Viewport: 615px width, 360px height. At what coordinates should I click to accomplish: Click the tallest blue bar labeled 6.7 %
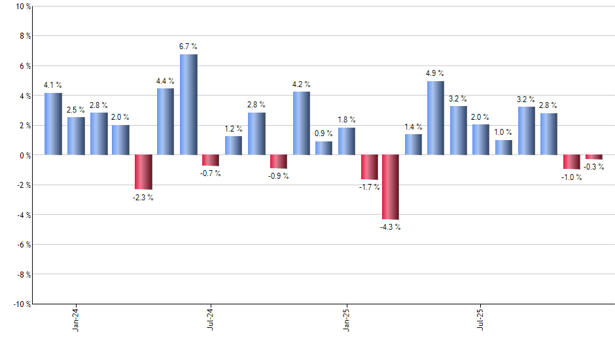pos(188,105)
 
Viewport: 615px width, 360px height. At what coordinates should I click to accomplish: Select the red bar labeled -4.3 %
pos(391,187)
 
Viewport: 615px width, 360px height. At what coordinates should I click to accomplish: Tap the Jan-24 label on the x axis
pos(76,319)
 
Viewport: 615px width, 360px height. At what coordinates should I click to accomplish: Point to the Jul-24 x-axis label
pos(211,319)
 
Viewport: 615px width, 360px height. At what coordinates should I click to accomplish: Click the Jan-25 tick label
pos(346,319)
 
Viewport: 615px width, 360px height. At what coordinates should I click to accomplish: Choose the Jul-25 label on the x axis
pos(481,319)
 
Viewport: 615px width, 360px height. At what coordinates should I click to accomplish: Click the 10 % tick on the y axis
pos(22,7)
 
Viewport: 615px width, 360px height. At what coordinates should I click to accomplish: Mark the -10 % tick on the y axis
pos(21,304)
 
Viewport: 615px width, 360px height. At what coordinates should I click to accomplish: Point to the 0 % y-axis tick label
pos(24,155)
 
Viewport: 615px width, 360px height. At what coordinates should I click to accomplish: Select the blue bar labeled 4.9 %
pos(436,118)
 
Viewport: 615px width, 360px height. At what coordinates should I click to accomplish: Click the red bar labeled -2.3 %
pos(143,172)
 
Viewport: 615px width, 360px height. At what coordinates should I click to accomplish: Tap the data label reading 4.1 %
pos(53,85)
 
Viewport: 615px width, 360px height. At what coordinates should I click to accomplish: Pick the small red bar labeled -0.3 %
pos(593,157)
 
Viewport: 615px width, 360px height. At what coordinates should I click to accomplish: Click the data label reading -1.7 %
pos(368,187)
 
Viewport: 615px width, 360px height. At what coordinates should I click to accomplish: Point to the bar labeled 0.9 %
pos(323,149)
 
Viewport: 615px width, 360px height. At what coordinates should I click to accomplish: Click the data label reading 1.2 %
pos(234,128)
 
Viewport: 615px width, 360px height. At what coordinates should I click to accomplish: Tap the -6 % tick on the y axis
pos(22,245)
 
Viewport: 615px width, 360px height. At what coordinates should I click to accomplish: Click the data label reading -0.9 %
pos(278,175)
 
